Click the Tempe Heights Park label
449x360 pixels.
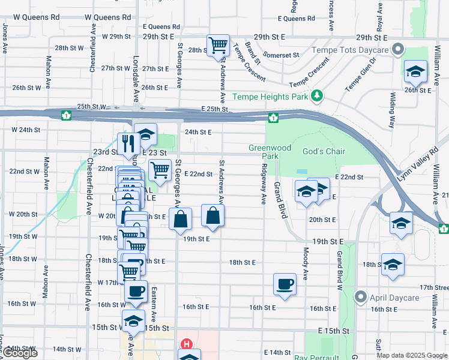[x=270, y=97]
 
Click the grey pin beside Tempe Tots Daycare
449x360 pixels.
[x=397, y=50]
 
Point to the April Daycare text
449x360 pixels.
[x=394, y=297]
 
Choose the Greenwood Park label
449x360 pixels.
[x=270, y=152]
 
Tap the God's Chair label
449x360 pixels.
[x=324, y=151]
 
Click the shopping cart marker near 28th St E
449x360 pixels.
[x=217, y=44]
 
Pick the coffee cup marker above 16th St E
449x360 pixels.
[x=285, y=283]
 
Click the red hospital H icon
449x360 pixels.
[x=187, y=345]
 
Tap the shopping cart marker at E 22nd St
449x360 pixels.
[x=160, y=170]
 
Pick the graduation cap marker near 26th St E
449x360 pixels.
[x=415, y=72]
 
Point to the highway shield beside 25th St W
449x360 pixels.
[x=67, y=115]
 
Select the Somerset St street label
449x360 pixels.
[x=280, y=55]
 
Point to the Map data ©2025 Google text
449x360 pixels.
[x=411, y=355]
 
